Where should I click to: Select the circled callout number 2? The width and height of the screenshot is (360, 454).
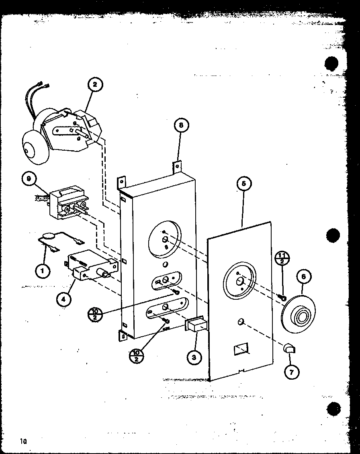pos(95,84)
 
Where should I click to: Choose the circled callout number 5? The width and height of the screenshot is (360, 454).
pos(244,184)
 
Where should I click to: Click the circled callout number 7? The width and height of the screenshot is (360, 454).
pos(292,372)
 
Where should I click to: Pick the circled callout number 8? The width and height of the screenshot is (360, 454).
pos(181,126)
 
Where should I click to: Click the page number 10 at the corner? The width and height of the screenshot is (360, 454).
pos(22,441)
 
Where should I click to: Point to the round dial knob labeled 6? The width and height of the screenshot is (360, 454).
pos(299,313)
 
